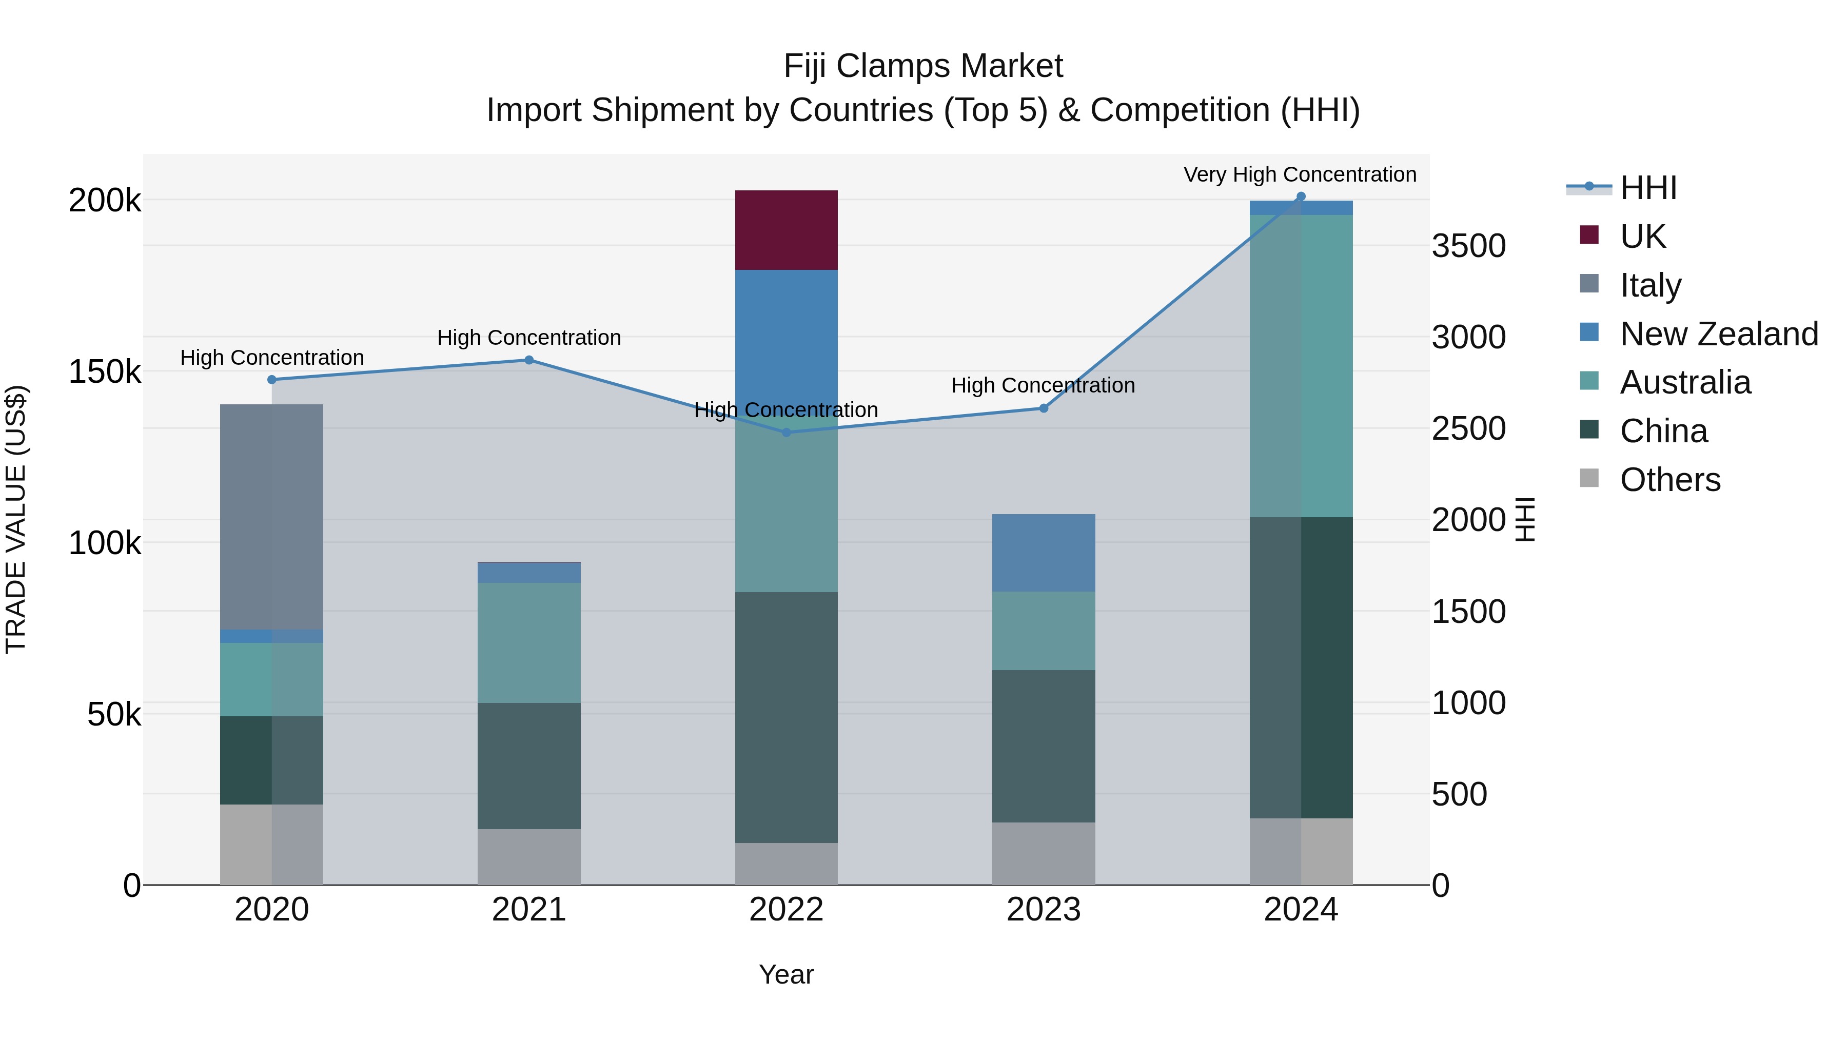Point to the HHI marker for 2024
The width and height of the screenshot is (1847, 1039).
point(1301,197)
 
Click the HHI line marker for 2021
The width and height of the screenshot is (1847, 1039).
point(528,360)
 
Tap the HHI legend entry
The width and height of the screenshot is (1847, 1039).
point(1647,188)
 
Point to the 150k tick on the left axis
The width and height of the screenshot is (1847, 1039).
point(105,372)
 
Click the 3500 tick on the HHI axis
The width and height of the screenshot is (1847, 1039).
point(1468,246)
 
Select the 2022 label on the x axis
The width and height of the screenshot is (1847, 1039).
point(786,910)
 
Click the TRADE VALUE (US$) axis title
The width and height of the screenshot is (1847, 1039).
point(16,519)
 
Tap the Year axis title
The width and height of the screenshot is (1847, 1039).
point(786,974)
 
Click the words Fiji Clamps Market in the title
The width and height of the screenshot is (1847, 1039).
point(923,66)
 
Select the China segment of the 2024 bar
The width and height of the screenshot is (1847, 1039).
point(1301,667)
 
